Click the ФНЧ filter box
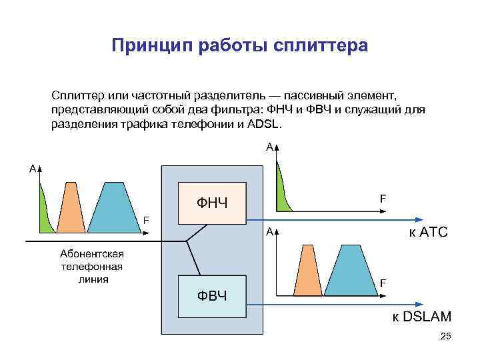(211, 203)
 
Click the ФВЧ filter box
(211, 295)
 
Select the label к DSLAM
(421, 316)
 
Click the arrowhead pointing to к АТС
(419, 220)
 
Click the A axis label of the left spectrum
(32, 169)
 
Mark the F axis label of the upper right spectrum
(383, 198)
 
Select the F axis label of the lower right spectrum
(383, 283)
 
